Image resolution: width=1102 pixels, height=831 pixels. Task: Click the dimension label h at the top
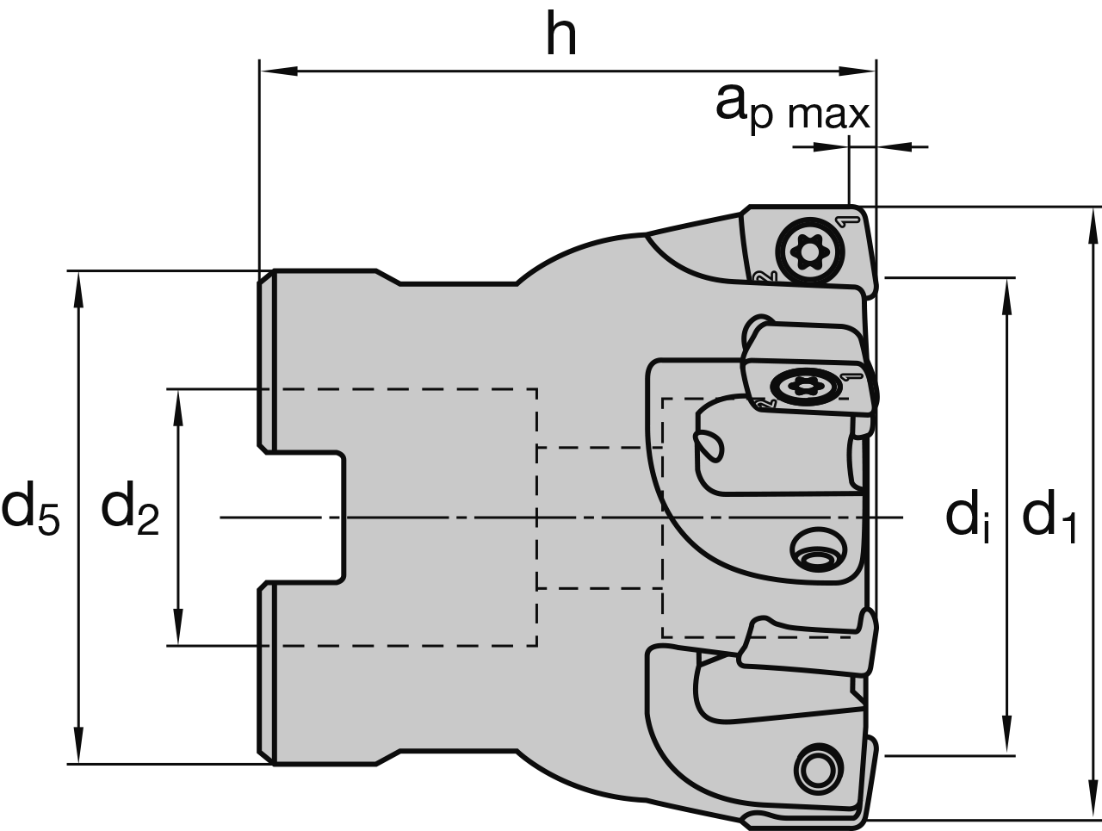point(561,36)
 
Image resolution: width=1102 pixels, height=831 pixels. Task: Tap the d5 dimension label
point(30,509)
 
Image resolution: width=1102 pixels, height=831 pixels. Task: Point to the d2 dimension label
point(130,509)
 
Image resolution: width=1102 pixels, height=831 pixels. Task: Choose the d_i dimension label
point(967,518)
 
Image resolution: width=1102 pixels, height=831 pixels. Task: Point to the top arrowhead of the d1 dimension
point(1094,226)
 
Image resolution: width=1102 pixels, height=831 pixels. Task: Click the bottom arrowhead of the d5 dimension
point(79,745)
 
